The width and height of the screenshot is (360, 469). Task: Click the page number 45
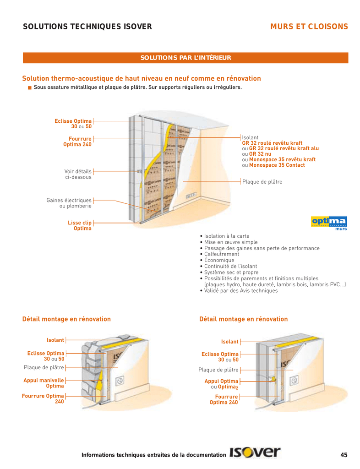[x=344, y=455]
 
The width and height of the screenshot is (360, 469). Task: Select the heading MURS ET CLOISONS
[x=309, y=27]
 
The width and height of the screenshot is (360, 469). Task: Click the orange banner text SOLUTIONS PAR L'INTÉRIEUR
[x=185, y=58]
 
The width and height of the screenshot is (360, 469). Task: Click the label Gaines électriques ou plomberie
[x=69, y=203]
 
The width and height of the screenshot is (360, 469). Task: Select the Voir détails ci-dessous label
[x=78, y=174]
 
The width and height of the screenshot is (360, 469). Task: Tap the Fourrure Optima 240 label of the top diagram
[x=77, y=141]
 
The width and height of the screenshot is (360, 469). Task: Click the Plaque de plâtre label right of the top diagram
[x=262, y=182]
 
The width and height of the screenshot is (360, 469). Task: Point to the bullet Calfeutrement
[x=222, y=254]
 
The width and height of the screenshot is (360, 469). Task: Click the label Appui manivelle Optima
[x=44, y=383]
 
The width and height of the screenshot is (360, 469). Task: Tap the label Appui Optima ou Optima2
[x=221, y=384]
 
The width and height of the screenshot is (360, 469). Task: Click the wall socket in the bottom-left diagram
[x=120, y=379]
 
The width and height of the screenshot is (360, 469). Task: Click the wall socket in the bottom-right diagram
[x=295, y=380]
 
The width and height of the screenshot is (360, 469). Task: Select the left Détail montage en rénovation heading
[x=66, y=319]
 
